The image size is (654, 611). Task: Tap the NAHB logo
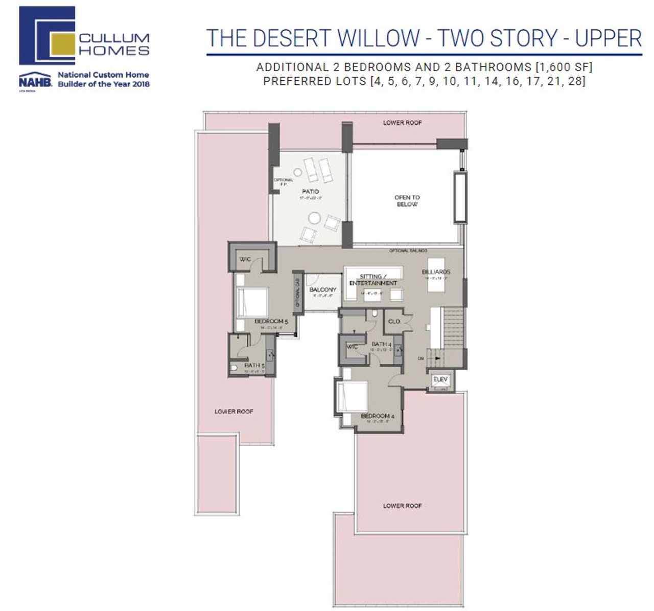[x=35, y=81]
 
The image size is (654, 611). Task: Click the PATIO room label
[x=310, y=191]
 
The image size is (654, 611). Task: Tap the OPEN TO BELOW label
[x=407, y=201]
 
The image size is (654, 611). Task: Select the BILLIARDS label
[x=436, y=272]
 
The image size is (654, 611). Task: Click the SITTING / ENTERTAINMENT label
[x=373, y=280]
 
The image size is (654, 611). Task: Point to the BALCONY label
[x=323, y=290]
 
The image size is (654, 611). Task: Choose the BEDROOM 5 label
[x=271, y=322]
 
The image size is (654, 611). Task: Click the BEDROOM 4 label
[x=378, y=416]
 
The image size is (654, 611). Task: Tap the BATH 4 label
[x=381, y=344]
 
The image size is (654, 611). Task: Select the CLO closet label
[x=394, y=322]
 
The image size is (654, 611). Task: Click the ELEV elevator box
[x=440, y=379]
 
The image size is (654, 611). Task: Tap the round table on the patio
[x=314, y=218]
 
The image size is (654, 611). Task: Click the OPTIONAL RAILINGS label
[x=408, y=251]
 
